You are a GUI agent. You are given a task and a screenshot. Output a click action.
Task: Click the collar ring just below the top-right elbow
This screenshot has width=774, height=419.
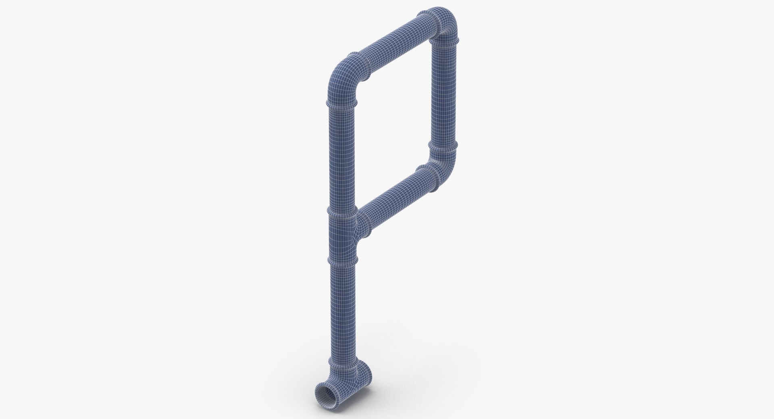click(x=444, y=41)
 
